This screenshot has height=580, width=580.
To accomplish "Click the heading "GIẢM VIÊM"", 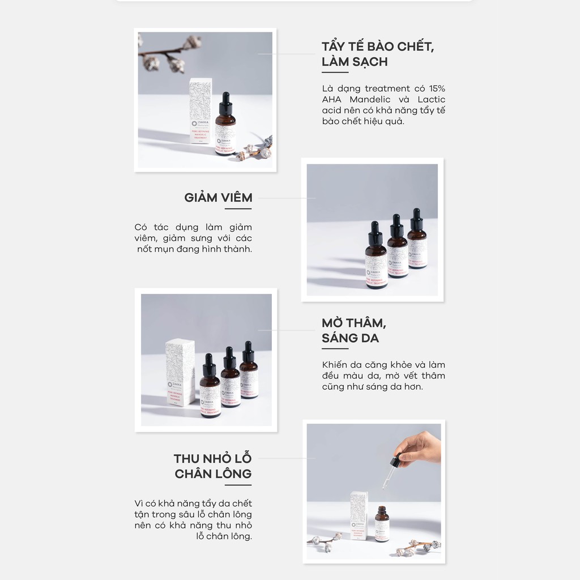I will click(218, 198).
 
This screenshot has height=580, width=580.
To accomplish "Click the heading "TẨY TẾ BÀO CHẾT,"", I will click(378, 46).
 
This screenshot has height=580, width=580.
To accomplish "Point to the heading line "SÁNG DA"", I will click(350, 338).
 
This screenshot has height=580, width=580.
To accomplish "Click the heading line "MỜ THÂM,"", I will click(354, 323).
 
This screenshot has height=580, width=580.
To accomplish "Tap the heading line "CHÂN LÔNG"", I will click(213, 474).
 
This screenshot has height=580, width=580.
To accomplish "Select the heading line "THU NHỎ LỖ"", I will click(212, 458).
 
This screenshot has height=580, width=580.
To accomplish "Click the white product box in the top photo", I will click(201, 111).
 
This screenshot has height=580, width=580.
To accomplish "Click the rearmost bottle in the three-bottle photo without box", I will click(417, 241).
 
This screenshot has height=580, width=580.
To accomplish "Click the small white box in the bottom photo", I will click(360, 515).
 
